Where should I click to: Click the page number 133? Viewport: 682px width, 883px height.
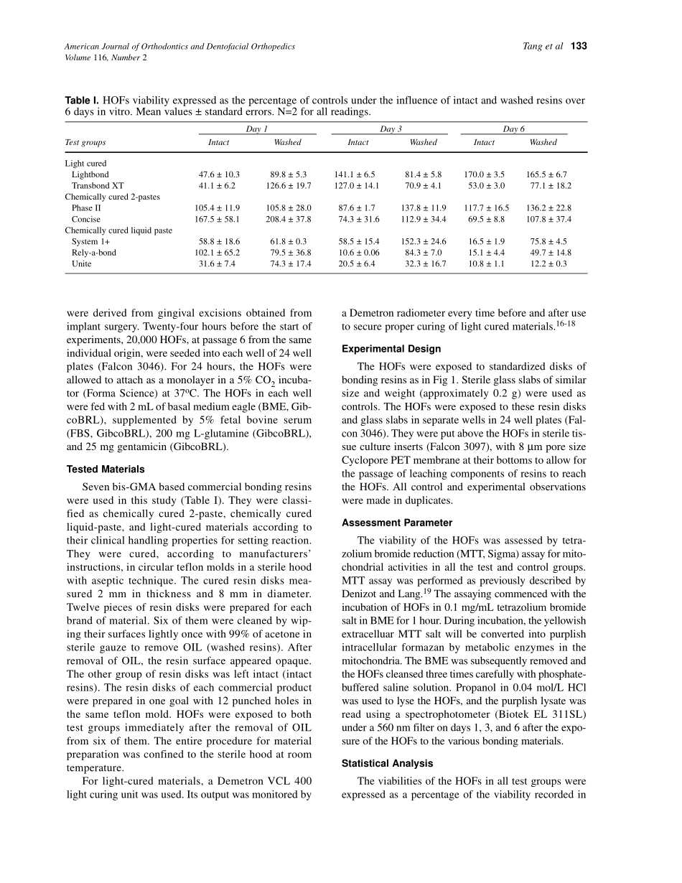click(x=579, y=47)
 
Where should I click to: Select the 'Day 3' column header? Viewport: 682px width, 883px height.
click(x=391, y=129)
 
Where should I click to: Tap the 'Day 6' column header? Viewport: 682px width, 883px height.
click(x=513, y=129)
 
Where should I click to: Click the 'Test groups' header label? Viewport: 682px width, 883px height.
click(x=85, y=142)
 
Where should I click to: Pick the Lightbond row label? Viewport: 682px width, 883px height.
click(x=90, y=174)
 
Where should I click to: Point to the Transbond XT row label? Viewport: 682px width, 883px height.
click(x=98, y=185)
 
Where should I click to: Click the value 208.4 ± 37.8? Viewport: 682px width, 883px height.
click(x=288, y=219)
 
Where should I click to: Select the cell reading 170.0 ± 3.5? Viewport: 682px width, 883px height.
click(x=484, y=174)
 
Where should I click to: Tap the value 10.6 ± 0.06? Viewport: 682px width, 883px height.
click(x=358, y=253)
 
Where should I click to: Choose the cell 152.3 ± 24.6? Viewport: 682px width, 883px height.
click(x=423, y=242)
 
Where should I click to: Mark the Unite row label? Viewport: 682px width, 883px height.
click(x=81, y=263)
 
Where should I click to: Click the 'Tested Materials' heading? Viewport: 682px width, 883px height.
click(x=106, y=469)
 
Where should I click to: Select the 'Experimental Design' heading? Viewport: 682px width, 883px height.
click(x=391, y=349)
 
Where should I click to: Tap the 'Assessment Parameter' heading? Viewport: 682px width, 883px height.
click(x=397, y=523)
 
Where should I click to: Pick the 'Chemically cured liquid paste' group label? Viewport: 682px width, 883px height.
click(x=118, y=230)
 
